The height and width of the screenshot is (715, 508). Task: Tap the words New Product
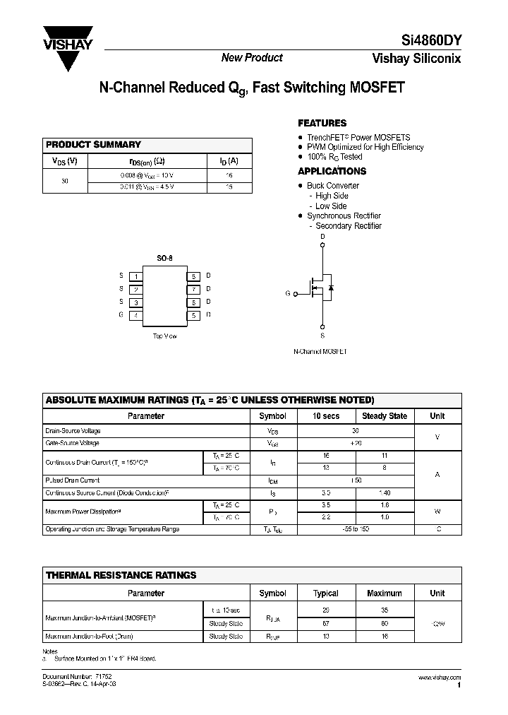(252, 58)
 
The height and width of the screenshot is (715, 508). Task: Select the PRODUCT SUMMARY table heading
(93, 145)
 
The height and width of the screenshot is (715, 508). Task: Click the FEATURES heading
(322, 123)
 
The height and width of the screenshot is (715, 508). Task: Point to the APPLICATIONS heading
(332, 171)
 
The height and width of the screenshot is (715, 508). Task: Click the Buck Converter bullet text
(332, 186)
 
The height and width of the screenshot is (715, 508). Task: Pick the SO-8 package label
(164, 259)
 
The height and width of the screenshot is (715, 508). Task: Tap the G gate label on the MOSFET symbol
(287, 292)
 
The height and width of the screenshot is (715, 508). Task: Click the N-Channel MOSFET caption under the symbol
(320, 351)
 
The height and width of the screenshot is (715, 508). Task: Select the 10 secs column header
(325, 416)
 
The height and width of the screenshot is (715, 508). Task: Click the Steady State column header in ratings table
(385, 416)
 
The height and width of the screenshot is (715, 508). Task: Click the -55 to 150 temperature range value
(356, 529)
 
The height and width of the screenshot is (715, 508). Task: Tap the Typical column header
(325, 593)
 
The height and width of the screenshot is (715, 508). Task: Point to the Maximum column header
(385, 593)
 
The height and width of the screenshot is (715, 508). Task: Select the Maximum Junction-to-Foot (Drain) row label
(94, 636)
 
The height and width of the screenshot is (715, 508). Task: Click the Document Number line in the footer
(78, 678)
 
